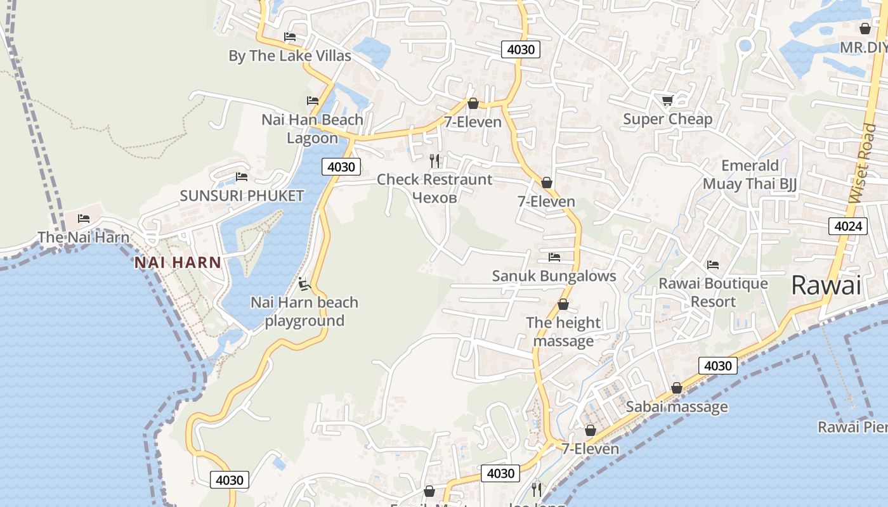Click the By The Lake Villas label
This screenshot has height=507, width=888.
point(290,56)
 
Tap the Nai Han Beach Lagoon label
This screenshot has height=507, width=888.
point(313,129)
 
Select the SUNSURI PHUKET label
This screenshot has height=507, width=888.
point(242,195)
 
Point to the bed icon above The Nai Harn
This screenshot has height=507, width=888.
point(84,219)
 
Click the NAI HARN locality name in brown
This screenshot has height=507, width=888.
point(178,262)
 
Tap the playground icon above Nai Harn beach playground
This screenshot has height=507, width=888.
point(304,283)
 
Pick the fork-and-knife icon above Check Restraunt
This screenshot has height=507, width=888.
point(434,160)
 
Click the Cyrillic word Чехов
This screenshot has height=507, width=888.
point(434,198)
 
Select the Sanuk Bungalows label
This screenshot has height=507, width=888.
point(554,276)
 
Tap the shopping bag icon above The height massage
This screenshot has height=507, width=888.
point(563,305)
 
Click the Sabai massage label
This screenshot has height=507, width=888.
point(677,407)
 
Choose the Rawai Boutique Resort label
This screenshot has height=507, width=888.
point(713,292)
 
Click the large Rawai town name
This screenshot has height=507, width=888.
point(826,285)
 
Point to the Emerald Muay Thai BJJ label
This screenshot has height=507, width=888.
point(750,175)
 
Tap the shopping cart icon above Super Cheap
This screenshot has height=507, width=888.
point(667,100)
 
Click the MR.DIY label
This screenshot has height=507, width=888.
point(863,48)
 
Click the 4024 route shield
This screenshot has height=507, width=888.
point(847,226)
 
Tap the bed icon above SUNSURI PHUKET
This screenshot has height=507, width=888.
point(242,177)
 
